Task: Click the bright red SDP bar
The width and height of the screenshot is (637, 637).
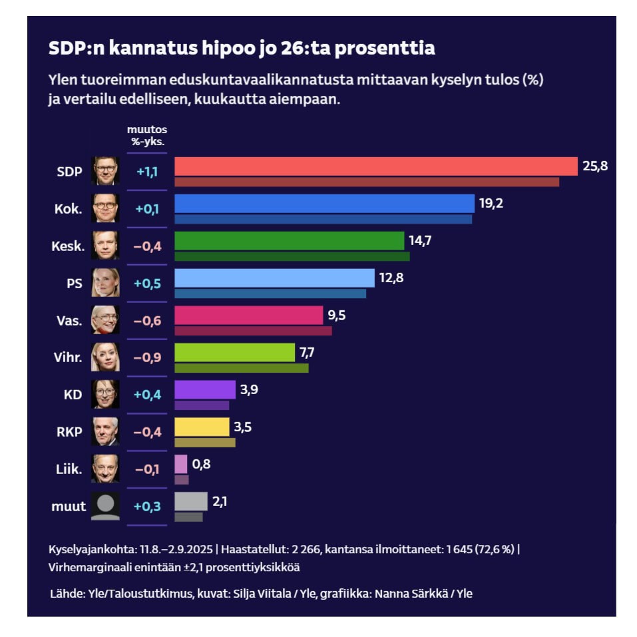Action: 375,166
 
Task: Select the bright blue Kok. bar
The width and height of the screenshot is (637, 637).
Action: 324,204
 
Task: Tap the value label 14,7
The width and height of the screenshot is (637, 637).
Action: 419,240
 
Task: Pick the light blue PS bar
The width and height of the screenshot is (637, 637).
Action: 274,278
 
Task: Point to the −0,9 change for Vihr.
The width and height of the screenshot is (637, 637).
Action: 146,357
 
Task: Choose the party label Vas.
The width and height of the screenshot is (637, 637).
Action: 69,320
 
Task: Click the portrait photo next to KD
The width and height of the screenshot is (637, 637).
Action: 106,394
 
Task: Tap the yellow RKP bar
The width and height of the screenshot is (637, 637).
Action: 202,427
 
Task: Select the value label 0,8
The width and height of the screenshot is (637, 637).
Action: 202,463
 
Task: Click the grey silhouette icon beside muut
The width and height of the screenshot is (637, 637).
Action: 106,506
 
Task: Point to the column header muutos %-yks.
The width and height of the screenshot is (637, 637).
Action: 146,135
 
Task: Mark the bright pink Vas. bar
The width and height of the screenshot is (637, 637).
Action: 248,315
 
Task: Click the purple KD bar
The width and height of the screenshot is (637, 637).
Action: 204,389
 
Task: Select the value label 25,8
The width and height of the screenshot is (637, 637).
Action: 595,166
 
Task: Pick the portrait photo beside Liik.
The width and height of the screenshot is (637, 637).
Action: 106,469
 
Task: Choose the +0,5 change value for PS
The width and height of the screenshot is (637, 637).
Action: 146,283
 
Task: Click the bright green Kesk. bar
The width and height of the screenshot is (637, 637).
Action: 289,240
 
